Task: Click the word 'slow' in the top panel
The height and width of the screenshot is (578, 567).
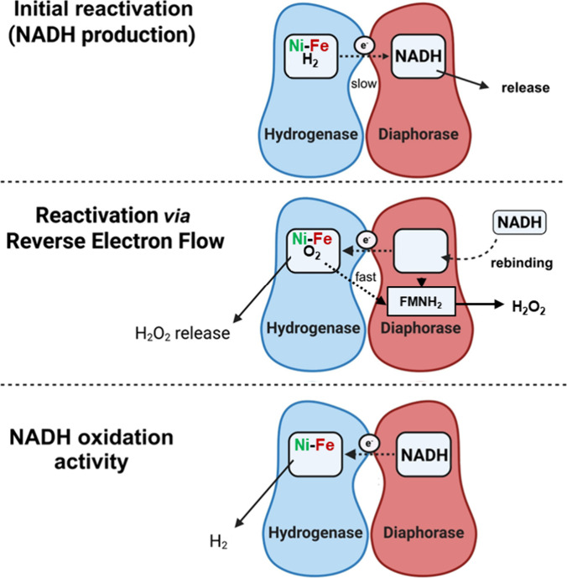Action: [363, 84]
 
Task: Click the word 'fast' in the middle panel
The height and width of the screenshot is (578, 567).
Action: [366, 277]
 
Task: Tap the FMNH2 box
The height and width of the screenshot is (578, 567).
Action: [421, 302]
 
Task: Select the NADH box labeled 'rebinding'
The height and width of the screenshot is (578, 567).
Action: [520, 222]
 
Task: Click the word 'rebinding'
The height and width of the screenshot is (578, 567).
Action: [522, 263]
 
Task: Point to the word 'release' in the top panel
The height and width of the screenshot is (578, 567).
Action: [525, 88]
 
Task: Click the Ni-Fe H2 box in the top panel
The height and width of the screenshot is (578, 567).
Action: [311, 56]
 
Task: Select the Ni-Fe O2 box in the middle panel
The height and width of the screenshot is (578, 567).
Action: [313, 251]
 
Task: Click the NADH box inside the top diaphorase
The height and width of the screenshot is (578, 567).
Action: [418, 56]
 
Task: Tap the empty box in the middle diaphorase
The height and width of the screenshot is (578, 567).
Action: [421, 251]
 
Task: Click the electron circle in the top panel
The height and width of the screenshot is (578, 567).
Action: [364, 45]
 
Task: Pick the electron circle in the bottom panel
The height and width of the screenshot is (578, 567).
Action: [369, 443]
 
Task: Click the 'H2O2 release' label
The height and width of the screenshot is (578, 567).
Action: [183, 333]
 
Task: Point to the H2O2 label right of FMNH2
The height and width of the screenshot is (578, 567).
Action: [528, 307]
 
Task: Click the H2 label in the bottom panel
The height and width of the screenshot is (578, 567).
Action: [218, 542]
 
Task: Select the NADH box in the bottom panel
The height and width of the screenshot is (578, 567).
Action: [424, 455]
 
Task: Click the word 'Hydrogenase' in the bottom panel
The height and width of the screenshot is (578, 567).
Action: [315, 533]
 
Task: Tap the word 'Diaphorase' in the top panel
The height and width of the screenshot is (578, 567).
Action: [419, 134]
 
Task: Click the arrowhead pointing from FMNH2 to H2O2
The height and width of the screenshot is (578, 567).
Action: [499, 305]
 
